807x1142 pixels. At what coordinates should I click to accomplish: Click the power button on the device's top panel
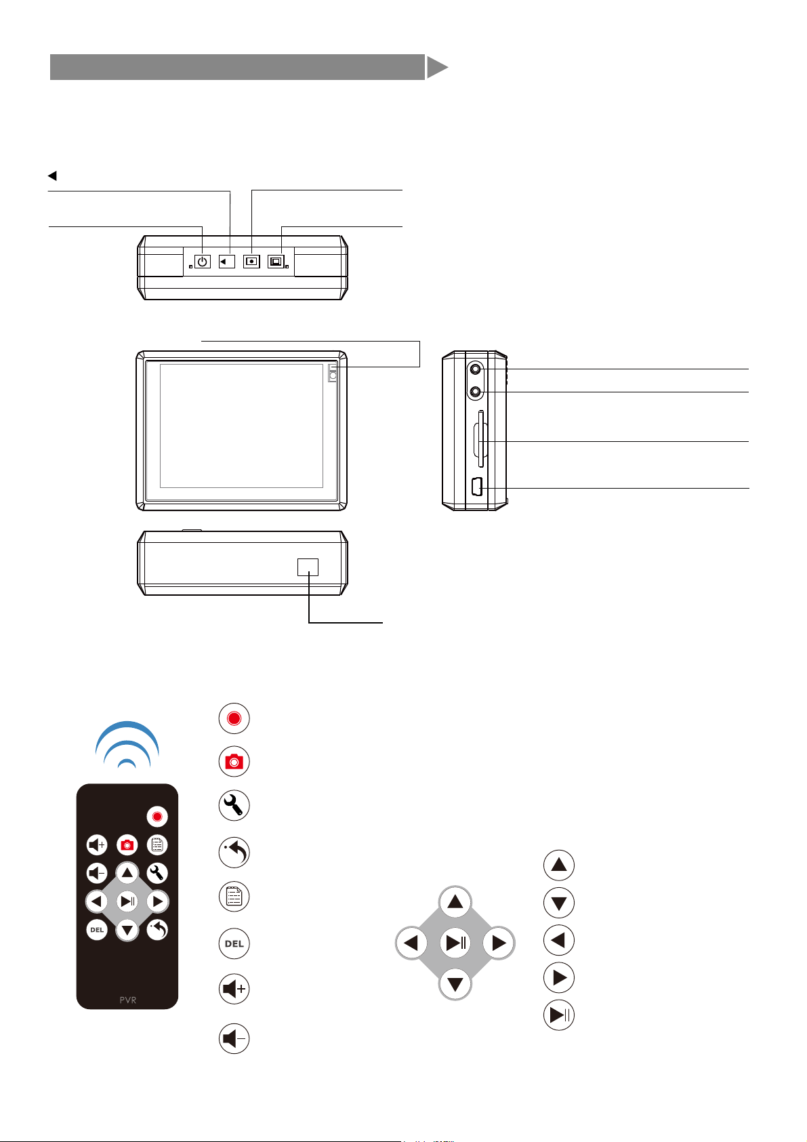click(202, 261)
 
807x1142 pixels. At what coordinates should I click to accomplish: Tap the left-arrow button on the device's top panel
click(227, 261)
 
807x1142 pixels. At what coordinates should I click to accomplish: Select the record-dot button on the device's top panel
click(251, 261)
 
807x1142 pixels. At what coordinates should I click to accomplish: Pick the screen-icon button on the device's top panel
click(276, 261)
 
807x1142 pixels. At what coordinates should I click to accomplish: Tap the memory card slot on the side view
click(480, 441)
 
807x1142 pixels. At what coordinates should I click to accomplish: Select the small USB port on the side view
click(476, 487)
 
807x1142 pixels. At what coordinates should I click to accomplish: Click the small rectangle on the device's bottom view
click(308, 567)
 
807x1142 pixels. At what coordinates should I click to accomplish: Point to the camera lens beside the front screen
click(333, 373)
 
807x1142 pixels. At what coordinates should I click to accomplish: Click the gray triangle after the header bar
click(437, 68)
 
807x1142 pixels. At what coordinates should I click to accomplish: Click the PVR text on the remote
click(127, 1000)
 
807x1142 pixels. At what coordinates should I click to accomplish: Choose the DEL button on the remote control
click(97, 930)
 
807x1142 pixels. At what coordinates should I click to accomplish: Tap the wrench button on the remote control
click(157, 873)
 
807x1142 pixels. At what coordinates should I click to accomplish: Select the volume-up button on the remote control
click(97, 845)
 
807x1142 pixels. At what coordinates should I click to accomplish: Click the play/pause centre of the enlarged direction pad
click(455, 943)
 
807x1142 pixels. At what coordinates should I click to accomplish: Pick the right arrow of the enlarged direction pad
click(499, 943)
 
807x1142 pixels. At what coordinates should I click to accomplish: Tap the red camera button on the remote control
click(127, 845)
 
